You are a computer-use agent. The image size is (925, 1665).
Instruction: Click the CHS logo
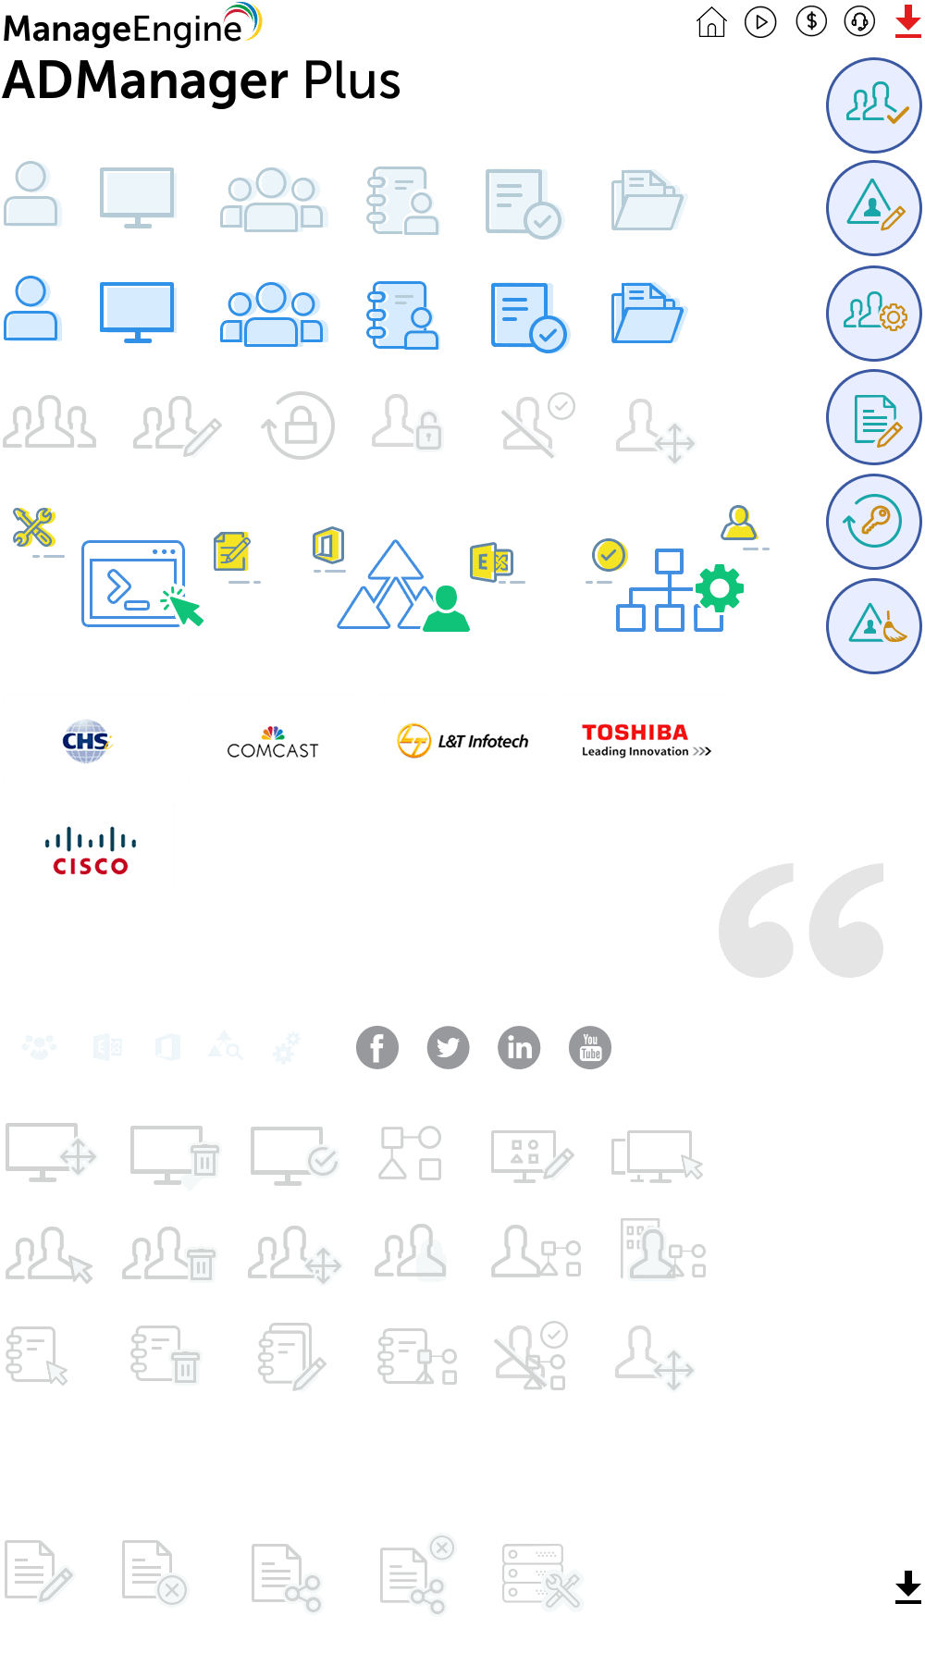(87, 738)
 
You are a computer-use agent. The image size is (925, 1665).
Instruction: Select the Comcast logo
(273, 738)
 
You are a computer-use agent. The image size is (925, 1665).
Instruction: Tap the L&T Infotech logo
(462, 738)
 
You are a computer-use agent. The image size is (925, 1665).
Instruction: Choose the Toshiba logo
(647, 738)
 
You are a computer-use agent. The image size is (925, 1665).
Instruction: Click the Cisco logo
(90, 847)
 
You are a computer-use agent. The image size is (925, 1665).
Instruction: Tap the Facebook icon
(377, 1048)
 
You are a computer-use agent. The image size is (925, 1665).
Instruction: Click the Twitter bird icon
(448, 1048)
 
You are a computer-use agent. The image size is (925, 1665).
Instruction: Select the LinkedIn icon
(519, 1048)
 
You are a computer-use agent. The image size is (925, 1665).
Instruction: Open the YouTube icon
(590, 1048)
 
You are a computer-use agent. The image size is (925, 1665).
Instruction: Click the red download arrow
(907, 21)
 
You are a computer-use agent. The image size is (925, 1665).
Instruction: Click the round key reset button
(873, 522)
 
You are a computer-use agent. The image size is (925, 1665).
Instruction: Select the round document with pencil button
(873, 418)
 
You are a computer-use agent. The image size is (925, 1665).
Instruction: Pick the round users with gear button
(873, 314)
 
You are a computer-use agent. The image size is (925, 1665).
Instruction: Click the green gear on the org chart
(720, 587)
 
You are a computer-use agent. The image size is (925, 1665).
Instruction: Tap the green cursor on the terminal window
(184, 607)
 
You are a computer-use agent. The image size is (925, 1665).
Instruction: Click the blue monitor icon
(138, 312)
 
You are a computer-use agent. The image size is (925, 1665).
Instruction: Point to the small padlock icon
(428, 431)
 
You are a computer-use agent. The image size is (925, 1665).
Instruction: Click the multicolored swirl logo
(244, 21)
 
